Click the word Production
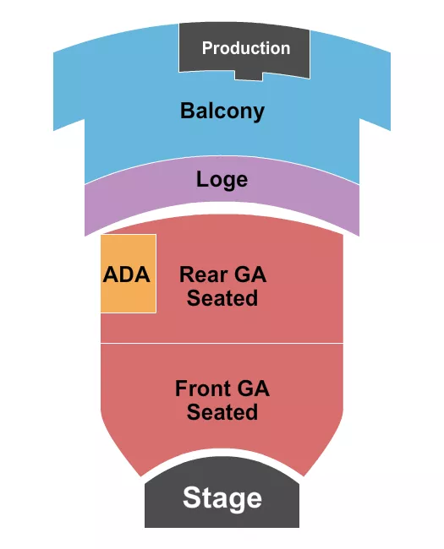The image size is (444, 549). click(x=245, y=48)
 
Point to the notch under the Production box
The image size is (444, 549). click(x=247, y=76)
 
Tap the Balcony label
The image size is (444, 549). click(x=222, y=111)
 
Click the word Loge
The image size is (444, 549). click(x=222, y=179)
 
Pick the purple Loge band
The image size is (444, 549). click(x=135, y=203)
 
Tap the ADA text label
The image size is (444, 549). click(x=127, y=274)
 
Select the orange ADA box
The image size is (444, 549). click(x=128, y=296)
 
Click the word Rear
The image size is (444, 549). click(x=203, y=274)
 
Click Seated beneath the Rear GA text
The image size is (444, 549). click(x=222, y=298)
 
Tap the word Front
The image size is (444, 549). click(x=203, y=389)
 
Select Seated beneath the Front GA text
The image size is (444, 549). click(x=222, y=412)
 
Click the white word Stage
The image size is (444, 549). click(x=222, y=497)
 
